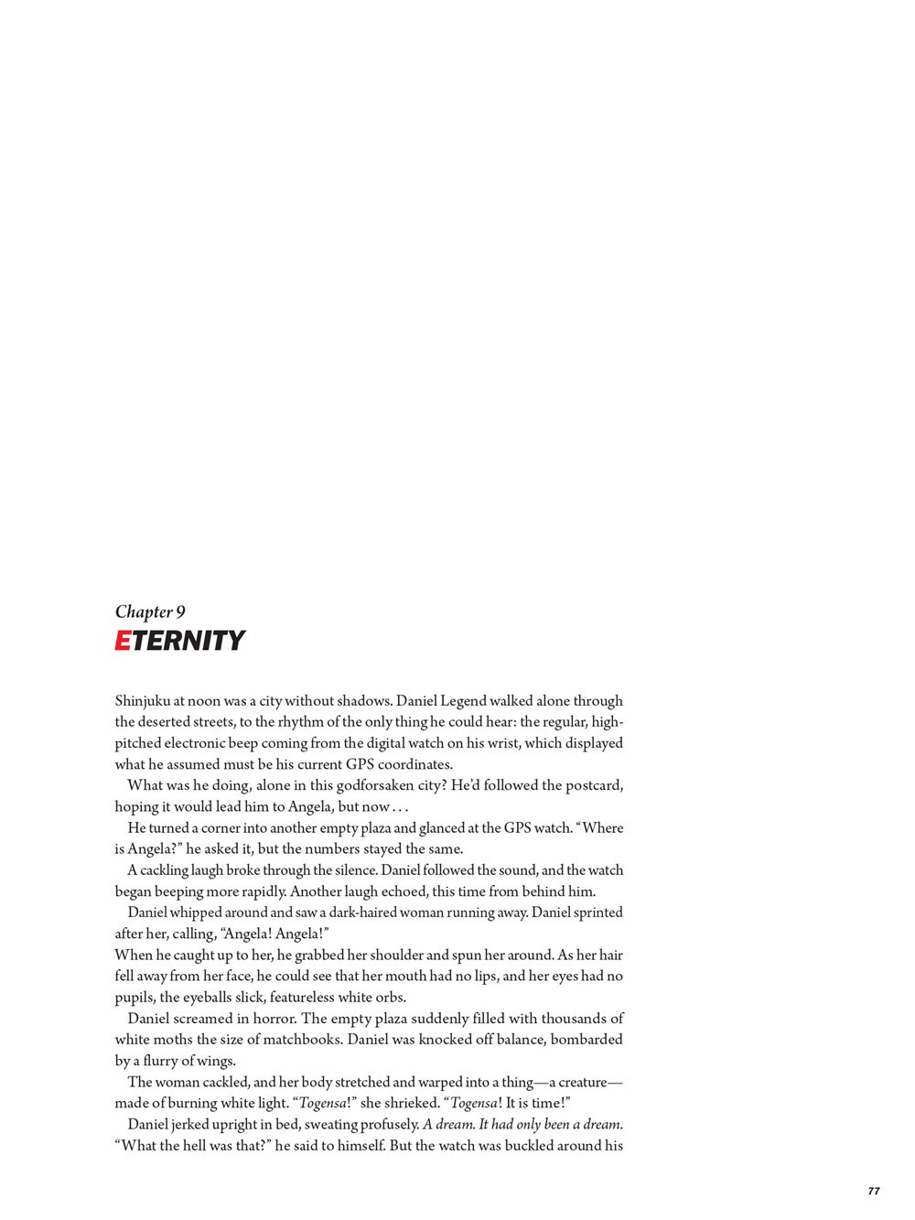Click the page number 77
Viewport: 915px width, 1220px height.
(873, 1191)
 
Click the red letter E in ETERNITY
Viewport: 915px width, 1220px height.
(124, 641)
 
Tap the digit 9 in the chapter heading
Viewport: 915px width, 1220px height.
(180, 612)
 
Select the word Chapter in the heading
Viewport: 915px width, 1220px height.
(143, 612)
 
